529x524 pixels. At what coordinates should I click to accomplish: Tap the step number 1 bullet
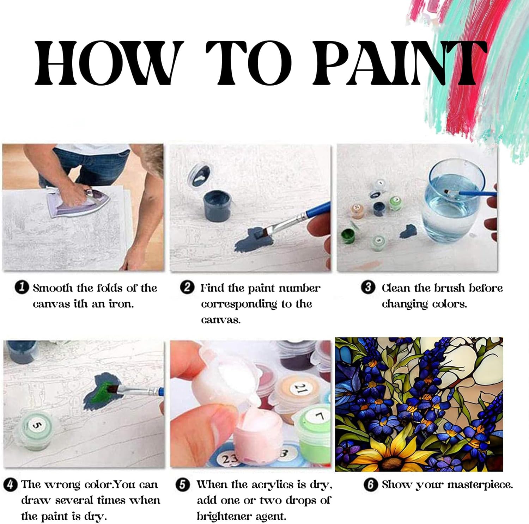22,287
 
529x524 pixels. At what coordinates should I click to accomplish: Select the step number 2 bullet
187,287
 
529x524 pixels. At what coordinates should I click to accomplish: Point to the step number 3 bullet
368,287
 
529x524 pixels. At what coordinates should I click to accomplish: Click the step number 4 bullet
10,485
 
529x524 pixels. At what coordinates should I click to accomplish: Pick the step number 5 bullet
182,485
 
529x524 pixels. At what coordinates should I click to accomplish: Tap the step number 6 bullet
370,485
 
